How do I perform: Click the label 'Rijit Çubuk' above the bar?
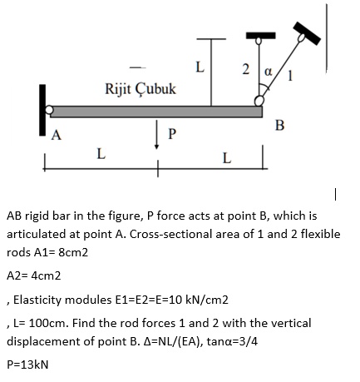(140, 88)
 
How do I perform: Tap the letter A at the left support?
(57, 137)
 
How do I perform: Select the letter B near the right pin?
(279, 126)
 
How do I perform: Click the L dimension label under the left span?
(101, 153)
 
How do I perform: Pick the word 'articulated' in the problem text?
(37, 234)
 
